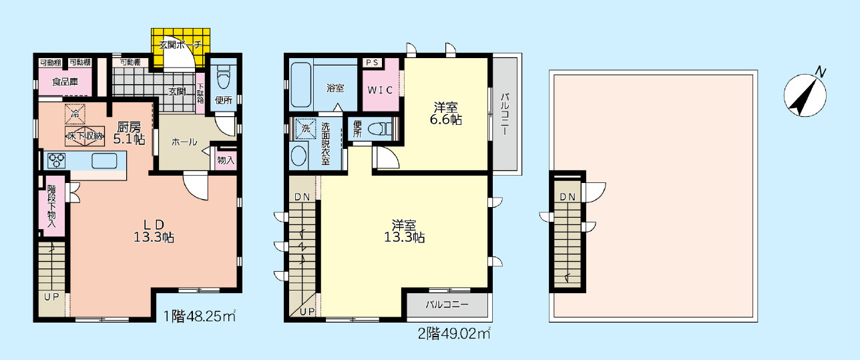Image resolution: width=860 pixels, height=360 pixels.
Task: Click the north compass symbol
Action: click(x=805, y=94)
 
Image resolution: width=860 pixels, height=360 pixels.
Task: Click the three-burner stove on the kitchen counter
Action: click(x=55, y=161)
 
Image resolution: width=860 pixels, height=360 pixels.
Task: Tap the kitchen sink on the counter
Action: click(x=104, y=160)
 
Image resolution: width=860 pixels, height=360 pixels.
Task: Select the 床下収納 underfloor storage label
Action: click(x=84, y=136)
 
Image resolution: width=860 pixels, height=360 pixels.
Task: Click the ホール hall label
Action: click(x=184, y=142)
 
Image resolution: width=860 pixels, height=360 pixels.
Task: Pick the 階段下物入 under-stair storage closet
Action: click(x=53, y=206)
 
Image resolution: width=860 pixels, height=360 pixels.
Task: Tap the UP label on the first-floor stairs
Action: click(x=51, y=297)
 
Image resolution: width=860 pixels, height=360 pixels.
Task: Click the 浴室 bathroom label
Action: click(x=335, y=87)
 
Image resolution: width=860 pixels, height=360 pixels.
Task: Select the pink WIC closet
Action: click(x=380, y=89)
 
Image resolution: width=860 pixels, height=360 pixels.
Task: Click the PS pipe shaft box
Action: click(x=372, y=63)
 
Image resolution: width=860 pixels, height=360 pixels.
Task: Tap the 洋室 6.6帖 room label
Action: click(x=447, y=113)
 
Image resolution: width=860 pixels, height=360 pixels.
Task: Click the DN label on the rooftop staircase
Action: click(x=568, y=196)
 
